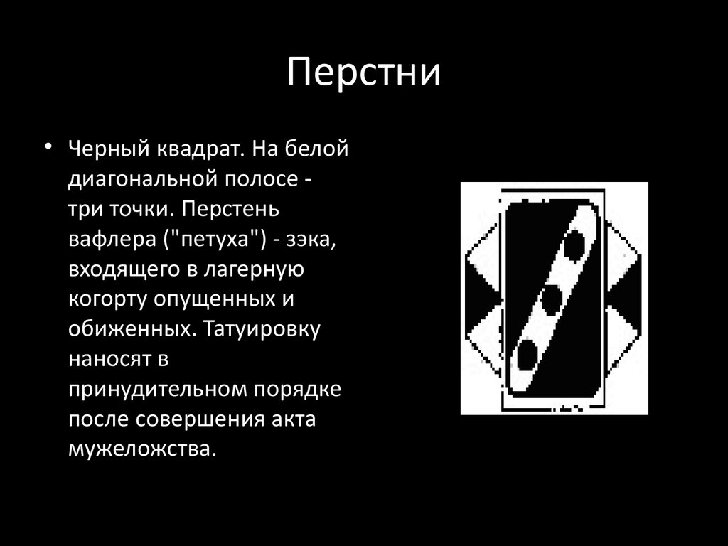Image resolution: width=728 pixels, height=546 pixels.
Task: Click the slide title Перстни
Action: (363, 73)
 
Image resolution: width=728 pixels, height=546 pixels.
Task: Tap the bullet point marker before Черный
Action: (48, 146)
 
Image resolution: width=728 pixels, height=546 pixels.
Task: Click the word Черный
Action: (109, 149)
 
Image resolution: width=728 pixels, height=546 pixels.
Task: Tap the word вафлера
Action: (112, 240)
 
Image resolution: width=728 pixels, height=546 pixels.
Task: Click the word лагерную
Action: (254, 270)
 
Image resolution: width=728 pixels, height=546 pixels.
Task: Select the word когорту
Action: (107, 300)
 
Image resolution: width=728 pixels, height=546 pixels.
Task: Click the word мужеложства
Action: (142, 450)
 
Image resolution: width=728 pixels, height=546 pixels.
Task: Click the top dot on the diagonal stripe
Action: (574, 245)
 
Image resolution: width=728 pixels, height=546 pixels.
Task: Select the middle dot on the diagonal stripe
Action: (551, 299)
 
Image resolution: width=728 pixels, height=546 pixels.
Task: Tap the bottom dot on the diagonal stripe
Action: (527, 355)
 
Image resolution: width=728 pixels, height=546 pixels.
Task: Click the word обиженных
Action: (129, 330)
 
